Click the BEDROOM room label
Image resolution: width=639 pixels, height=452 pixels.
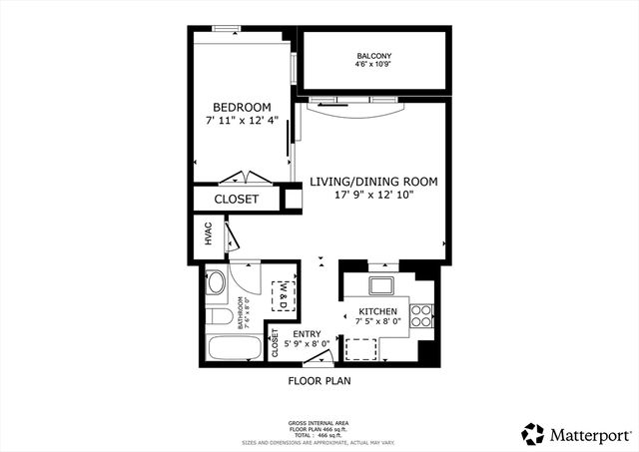tap(242, 108)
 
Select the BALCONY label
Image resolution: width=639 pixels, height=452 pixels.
tap(373, 55)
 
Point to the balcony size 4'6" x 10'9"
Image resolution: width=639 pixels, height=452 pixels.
tap(373, 65)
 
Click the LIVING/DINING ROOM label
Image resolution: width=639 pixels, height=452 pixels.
tap(373, 182)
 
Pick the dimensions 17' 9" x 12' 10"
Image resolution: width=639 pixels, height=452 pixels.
tap(373, 196)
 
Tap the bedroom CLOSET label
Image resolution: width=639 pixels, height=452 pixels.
tap(237, 200)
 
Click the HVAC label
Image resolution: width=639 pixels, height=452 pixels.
tap(209, 235)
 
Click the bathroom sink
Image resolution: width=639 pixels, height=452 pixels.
tap(216, 283)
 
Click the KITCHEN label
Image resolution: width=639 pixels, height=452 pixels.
tap(379, 312)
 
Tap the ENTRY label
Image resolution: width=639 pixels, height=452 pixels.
tap(307, 333)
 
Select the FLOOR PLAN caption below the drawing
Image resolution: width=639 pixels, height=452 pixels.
tap(319, 380)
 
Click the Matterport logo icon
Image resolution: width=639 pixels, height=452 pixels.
tap(533, 433)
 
